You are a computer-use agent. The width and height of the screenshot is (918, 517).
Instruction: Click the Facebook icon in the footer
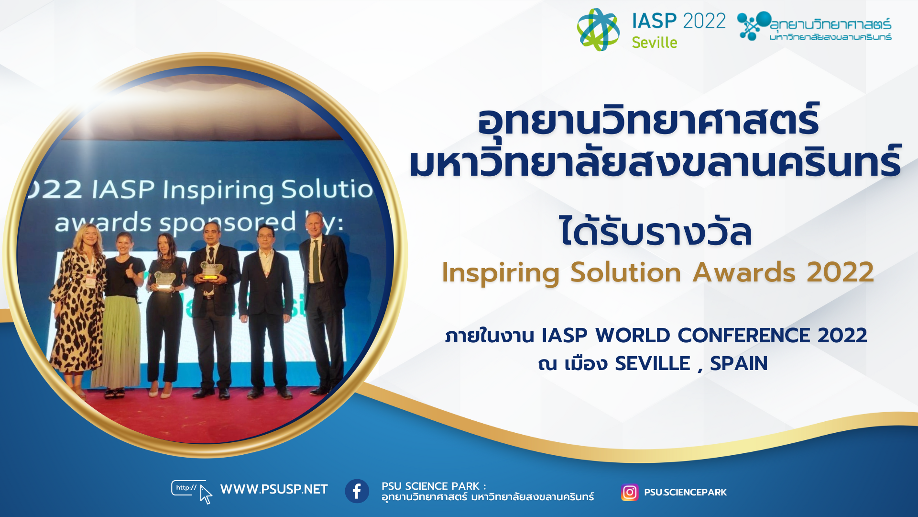[357, 491]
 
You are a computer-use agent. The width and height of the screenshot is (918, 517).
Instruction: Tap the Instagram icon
[630, 492]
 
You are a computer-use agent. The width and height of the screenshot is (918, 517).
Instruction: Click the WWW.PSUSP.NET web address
[274, 489]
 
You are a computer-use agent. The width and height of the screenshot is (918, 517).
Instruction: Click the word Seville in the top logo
[655, 43]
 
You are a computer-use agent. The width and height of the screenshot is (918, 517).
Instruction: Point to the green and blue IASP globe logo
[598, 29]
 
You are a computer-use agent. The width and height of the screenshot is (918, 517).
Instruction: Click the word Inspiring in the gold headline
[501, 273]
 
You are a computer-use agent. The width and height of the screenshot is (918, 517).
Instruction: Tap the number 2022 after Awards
[841, 272]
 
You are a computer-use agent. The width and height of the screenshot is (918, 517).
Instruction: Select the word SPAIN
[739, 364]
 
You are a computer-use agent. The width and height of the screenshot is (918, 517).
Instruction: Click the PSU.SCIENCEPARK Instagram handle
[685, 492]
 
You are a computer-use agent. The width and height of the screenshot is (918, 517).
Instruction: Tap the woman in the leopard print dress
[78, 311]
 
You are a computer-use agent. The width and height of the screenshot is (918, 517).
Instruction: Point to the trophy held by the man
[211, 270]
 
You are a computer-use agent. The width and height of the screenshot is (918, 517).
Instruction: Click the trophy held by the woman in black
[164, 281]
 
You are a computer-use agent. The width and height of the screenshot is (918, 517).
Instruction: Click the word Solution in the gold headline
[626, 272]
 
